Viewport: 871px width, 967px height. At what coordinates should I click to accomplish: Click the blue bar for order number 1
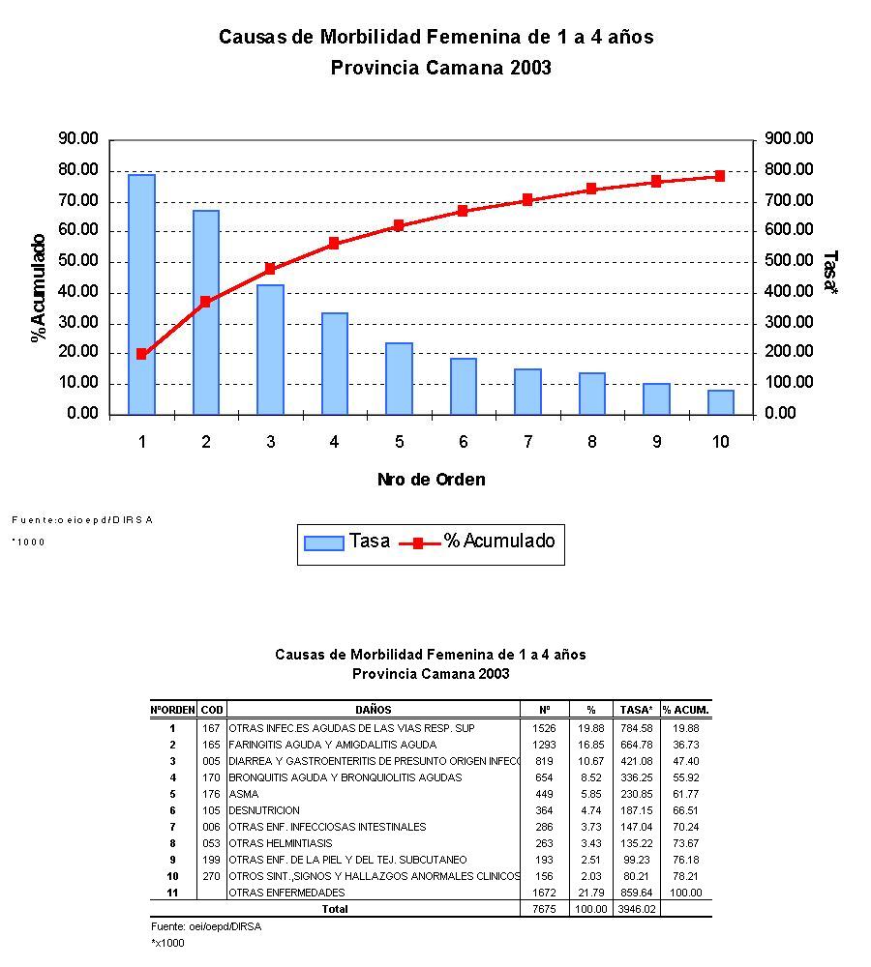click(x=141, y=294)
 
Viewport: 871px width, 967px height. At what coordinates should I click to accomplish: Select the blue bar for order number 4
click(x=334, y=364)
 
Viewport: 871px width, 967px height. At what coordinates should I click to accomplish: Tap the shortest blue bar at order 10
click(x=720, y=402)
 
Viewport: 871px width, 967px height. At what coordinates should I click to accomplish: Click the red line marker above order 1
click(x=141, y=354)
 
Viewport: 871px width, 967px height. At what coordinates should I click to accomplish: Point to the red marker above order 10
click(x=720, y=176)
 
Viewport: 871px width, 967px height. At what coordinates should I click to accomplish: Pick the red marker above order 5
click(x=399, y=225)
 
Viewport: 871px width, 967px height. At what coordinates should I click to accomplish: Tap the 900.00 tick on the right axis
click(x=789, y=139)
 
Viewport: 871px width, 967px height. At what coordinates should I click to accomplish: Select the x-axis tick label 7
click(x=527, y=442)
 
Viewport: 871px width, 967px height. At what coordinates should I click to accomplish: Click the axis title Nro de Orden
click(x=431, y=480)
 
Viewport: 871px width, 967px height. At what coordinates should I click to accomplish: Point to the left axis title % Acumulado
click(x=39, y=288)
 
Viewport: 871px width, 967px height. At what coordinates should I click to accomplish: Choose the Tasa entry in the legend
click(x=346, y=542)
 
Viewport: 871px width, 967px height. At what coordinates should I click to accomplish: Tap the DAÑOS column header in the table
click(x=373, y=710)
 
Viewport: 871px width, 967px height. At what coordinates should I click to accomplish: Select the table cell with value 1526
click(x=544, y=728)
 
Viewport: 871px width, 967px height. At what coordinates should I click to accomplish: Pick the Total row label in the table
click(x=334, y=909)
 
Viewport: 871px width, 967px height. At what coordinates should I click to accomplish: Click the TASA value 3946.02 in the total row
click(x=637, y=909)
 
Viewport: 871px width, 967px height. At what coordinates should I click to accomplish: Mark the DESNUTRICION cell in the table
click(x=264, y=810)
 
